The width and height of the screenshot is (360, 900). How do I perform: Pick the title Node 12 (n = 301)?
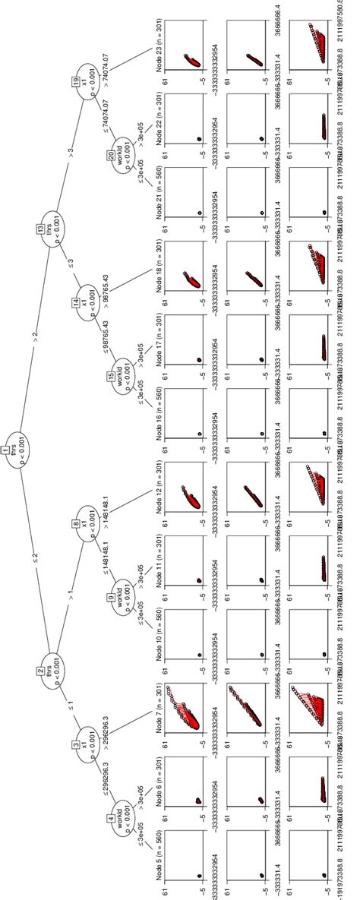[x=159, y=493]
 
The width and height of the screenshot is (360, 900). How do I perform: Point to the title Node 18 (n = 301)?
[x=159, y=270]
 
